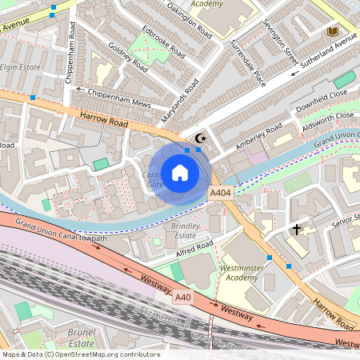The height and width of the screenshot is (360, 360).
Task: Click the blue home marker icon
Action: pyautogui.click(x=179, y=172)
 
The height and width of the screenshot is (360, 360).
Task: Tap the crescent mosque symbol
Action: pyautogui.click(x=200, y=138)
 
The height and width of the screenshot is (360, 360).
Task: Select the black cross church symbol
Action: pyautogui.click(x=297, y=230)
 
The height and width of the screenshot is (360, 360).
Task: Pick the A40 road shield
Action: pyautogui.click(x=184, y=298)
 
